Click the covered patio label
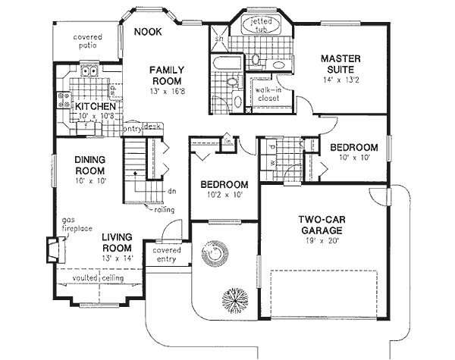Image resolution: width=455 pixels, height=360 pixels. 88,42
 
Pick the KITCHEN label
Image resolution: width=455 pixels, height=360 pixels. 94,108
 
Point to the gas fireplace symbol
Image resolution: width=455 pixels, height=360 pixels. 52,249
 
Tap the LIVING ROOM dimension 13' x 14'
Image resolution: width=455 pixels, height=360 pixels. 118,258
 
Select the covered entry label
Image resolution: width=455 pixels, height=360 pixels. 166,255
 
